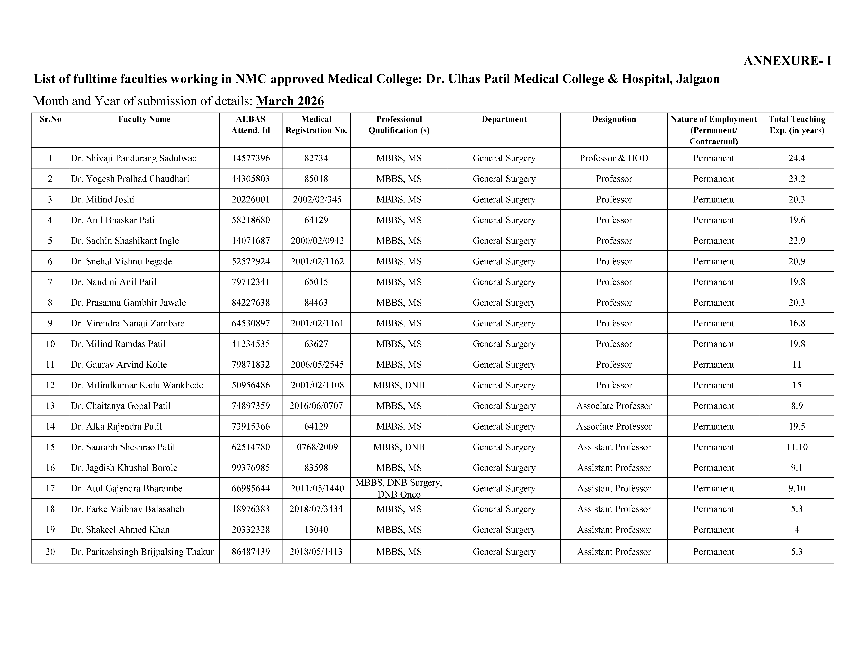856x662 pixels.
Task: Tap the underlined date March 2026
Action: click(290, 101)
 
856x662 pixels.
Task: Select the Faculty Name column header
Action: click(144, 119)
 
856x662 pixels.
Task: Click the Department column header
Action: click(504, 119)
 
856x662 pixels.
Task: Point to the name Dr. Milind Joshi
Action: click(103, 200)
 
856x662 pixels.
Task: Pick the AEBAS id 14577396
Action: click(251, 158)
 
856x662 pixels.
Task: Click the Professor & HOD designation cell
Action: click(614, 158)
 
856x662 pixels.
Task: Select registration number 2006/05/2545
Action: click(317, 365)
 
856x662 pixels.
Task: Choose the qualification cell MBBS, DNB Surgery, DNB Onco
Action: click(399, 488)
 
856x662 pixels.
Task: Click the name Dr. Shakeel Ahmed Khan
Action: click(120, 530)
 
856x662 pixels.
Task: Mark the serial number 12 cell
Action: click(50, 385)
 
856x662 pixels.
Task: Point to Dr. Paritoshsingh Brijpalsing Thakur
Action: click(142, 552)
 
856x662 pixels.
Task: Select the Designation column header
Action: click(614, 119)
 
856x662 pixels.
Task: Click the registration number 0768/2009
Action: click(317, 447)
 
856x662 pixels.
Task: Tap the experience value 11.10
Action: click(797, 447)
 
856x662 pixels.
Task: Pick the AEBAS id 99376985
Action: click(251, 468)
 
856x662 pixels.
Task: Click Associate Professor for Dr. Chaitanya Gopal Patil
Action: click(614, 406)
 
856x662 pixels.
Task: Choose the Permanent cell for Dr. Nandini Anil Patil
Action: click(713, 282)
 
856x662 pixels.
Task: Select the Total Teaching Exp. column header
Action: click(797, 125)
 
